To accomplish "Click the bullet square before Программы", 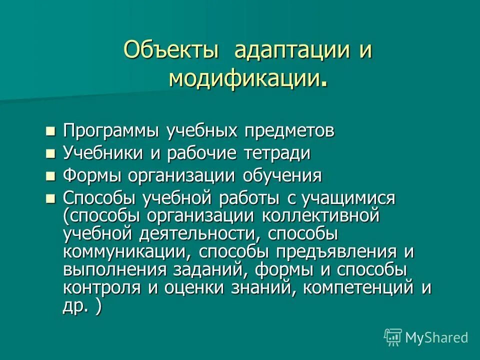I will (x=50, y=131).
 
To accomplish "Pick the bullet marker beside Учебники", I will (x=50, y=153).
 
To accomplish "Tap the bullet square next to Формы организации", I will (x=50, y=176).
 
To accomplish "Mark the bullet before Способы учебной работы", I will (x=50, y=198).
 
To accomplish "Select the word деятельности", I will (x=198, y=234).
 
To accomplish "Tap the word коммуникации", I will (x=127, y=252).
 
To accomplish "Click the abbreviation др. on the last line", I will (x=75, y=306).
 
